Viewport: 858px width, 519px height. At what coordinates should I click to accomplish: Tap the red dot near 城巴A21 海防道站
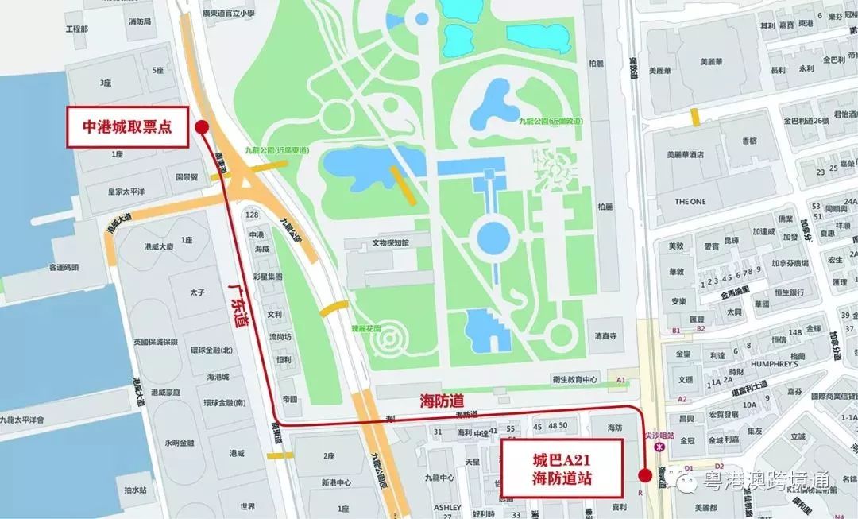coord(642,475)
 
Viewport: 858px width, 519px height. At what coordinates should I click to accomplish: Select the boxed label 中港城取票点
coord(127,126)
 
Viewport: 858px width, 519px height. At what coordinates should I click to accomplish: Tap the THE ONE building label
coord(690,201)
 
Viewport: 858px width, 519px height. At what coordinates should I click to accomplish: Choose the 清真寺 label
coord(605,335)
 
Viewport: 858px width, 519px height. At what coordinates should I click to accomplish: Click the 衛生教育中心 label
coord(576,380)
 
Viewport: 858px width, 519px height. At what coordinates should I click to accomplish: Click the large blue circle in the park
coord(493,236)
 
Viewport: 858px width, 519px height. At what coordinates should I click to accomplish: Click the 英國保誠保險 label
coord(159,342)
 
